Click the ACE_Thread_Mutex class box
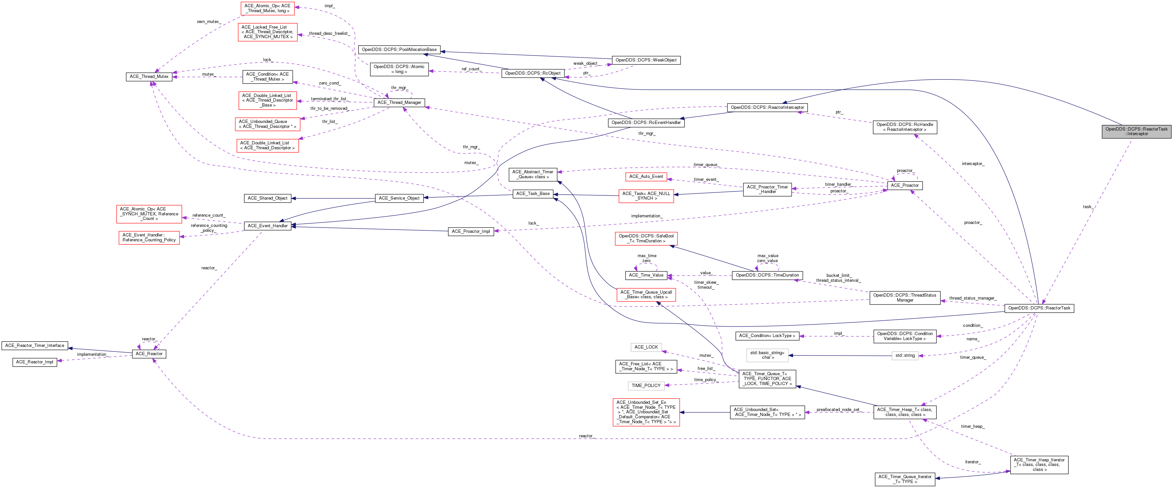[x=149, y=77]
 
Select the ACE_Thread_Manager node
[x=399, y=103]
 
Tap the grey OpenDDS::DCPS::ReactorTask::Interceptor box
[x=1136, y=131]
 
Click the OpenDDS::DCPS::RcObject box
[x=533, y=73]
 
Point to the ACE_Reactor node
[x=149, y=354]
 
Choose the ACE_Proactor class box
[x=904, y=185]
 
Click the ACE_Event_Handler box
[x=267, y=226]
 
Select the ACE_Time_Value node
[x=646, y=275]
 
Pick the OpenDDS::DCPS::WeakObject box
[x=646, y=60]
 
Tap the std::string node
[x=904, y=355]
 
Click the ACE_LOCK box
[x=646, y=347]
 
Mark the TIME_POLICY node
[x=646, y=385]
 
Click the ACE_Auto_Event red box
[x=646, y=176]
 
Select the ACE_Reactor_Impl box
[x=35, y=362]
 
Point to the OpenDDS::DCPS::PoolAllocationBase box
[x=399, y=50]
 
